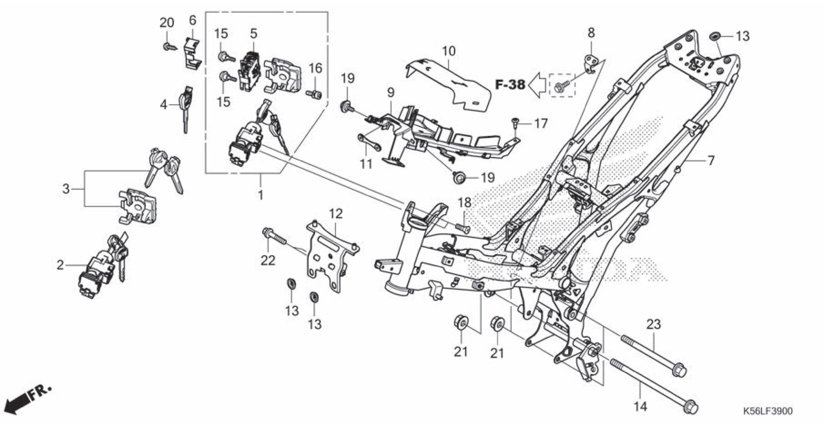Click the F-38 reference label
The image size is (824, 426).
tap(510, 85)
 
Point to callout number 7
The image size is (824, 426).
tap(711, 160)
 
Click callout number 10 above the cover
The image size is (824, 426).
tap(449, 51)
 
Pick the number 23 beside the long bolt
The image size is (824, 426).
tap(653, 324)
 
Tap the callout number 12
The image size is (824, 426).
tap(336, 214)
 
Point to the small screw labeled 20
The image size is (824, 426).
tap(170, 47)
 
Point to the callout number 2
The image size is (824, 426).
tap(60, 265)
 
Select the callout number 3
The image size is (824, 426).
tap(66, 189)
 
